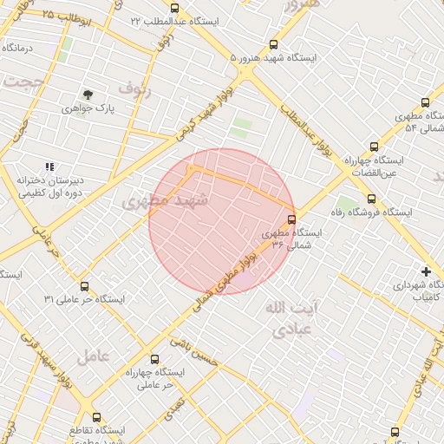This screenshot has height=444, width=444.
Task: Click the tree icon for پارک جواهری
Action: [x=87, y=95]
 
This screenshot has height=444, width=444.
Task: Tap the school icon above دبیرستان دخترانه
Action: [x=50, y=166]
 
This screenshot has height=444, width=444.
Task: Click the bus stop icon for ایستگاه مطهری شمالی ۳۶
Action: [x=291, y=219]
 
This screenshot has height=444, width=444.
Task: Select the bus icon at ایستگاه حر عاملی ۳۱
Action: [x=84, y=285]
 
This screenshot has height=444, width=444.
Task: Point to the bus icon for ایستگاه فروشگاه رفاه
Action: [x=372, y=199]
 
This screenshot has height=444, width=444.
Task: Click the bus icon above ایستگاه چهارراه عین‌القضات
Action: [x=374, y=147]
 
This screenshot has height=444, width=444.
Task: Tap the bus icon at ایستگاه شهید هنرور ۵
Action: [x=274, y=44]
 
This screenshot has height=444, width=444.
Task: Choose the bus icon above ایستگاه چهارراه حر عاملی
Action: [x=155, y=359]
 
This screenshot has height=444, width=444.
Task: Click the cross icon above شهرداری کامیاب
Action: [x=425, y=271]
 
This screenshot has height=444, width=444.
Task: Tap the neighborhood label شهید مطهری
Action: [x=179, y=199]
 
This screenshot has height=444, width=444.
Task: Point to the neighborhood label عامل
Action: [x=93, y=355]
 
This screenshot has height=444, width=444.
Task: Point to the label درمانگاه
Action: [x=16, y=48]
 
